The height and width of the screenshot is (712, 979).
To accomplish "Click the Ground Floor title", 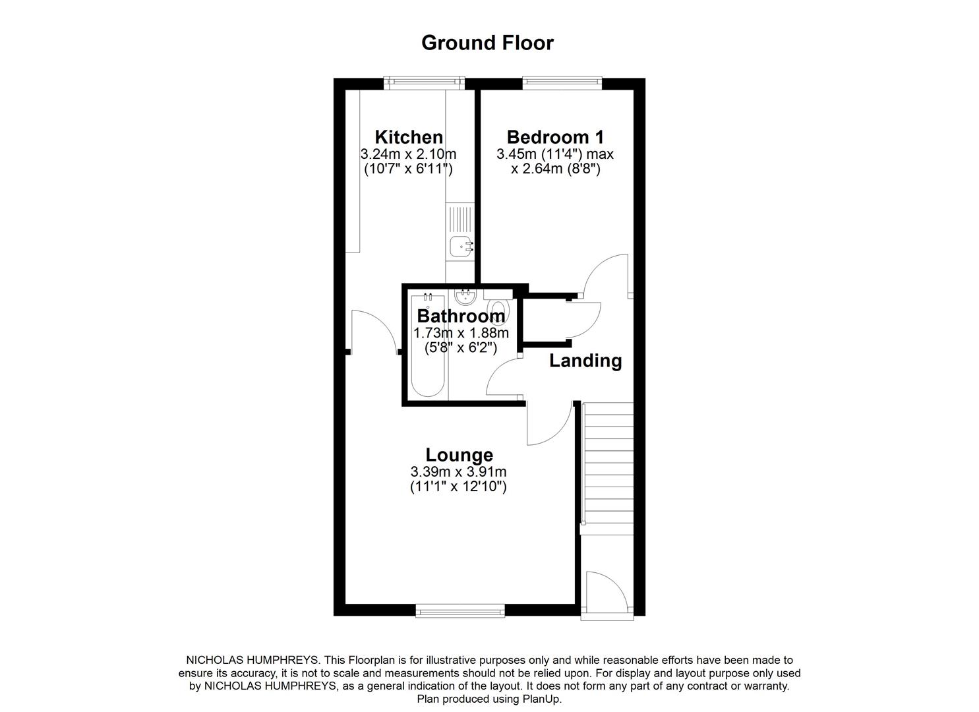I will pyautogui.click(x=487, y=43).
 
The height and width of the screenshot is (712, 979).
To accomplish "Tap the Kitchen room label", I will pyautogui.click(x=409, y=137).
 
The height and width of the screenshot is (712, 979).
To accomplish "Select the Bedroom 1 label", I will pyautogui.click(x=555, y=137).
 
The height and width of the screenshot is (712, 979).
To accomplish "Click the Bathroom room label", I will pyautogui.click(x=461, y=316).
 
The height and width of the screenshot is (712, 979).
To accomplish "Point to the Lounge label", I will pyautogui.click(x=459, y=455).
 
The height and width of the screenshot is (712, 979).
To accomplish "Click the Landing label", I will pyautogui.click(x=585, y=361).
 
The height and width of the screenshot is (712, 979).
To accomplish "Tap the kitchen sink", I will pyautogui.click(x=461, y=246).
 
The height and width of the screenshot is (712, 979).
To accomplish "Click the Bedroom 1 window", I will pyautogui.click(x=562, y=82).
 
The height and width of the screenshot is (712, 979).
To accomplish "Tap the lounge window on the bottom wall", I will pyautogui.click(x=460, y=611).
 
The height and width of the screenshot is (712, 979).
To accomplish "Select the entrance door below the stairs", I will pyautogui.click(x=607, y=593).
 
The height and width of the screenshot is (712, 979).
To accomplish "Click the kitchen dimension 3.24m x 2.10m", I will pyautogui.click(x=409, y=154).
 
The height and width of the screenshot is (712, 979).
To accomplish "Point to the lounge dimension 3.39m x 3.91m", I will pyautogui.click(x=459, y=472).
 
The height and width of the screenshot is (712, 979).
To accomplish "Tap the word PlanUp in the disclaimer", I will pyautogui.click(x=541, y=699).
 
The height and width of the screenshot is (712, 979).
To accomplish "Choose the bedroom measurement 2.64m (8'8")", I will pyautogui.click(x=555, y=169).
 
